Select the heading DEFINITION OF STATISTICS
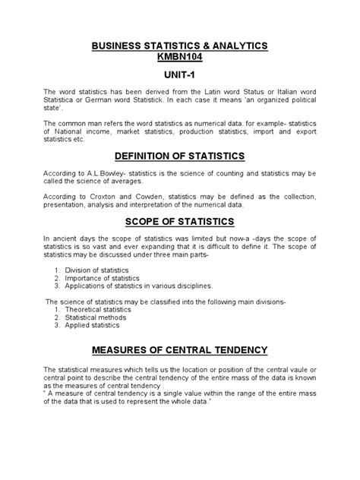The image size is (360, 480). tap(179, 156)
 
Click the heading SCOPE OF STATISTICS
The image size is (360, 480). tap(179, 221)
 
